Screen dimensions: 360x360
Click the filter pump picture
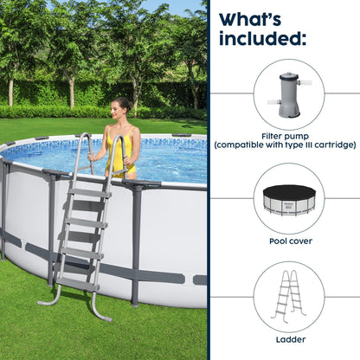[x=288, y=93]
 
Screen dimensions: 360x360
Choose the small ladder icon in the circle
[x=289, y=297]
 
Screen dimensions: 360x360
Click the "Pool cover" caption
[x=289, y=241]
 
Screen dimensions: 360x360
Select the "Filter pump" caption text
[x=289, y=136]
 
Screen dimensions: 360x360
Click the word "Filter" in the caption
[x=275, y=136]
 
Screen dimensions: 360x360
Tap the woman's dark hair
[x=122, y=103]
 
